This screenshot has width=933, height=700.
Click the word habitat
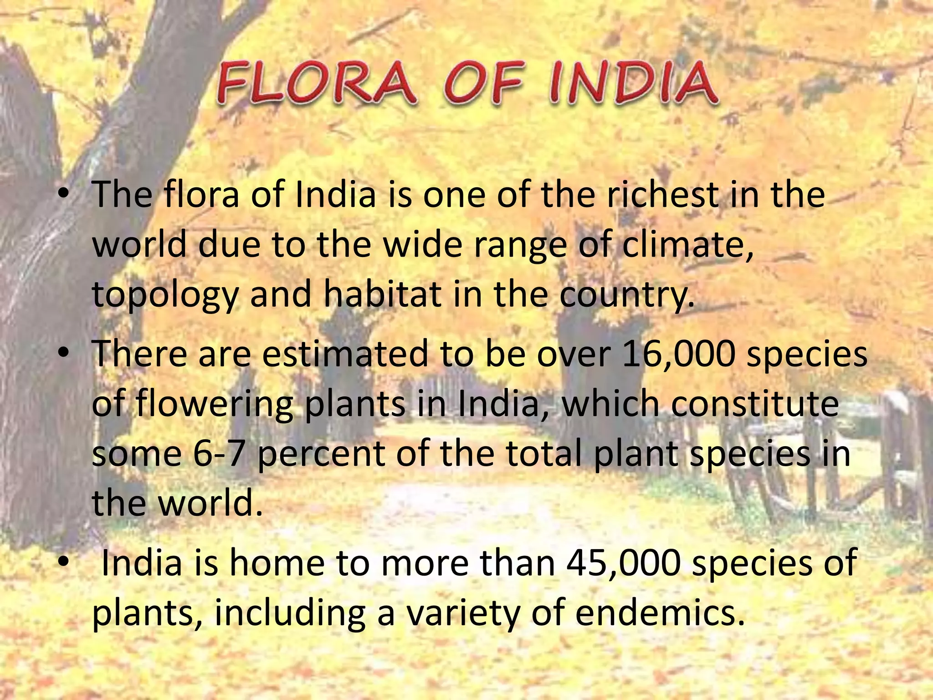(382, 294)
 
